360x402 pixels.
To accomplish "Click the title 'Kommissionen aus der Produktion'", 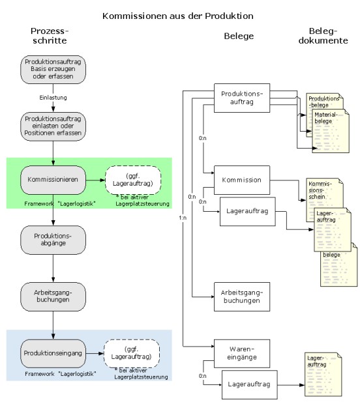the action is pos(178,16).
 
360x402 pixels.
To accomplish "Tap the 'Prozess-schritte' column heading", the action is pos(50,36).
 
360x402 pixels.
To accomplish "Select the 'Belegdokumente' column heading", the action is pos(323,36).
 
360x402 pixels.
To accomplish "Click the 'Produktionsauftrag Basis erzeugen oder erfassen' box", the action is pos(53,70).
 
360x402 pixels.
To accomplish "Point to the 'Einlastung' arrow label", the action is pos(53,98).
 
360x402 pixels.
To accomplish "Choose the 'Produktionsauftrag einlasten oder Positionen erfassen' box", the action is pos(53,126).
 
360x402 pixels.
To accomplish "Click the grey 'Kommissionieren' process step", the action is pos(53,180).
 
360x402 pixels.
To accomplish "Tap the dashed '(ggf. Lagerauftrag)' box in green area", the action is pos(133,180).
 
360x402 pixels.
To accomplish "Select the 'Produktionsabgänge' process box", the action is pos(53,240).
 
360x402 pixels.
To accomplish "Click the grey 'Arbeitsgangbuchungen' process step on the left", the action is pos(53,296).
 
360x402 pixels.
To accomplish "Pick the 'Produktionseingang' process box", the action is pos(53,354).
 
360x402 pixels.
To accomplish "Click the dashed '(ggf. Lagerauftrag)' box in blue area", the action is pos(132,354).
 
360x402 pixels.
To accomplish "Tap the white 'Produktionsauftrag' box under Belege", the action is pos(242,98).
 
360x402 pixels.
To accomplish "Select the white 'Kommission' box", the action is pos(242,180).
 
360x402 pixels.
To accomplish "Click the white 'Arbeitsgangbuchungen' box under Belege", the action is pos(242,296).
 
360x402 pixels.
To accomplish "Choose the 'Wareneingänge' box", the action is pos(242,354).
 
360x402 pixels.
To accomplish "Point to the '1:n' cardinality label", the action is pos(183,218).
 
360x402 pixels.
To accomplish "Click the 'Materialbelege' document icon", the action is pos(331,131).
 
